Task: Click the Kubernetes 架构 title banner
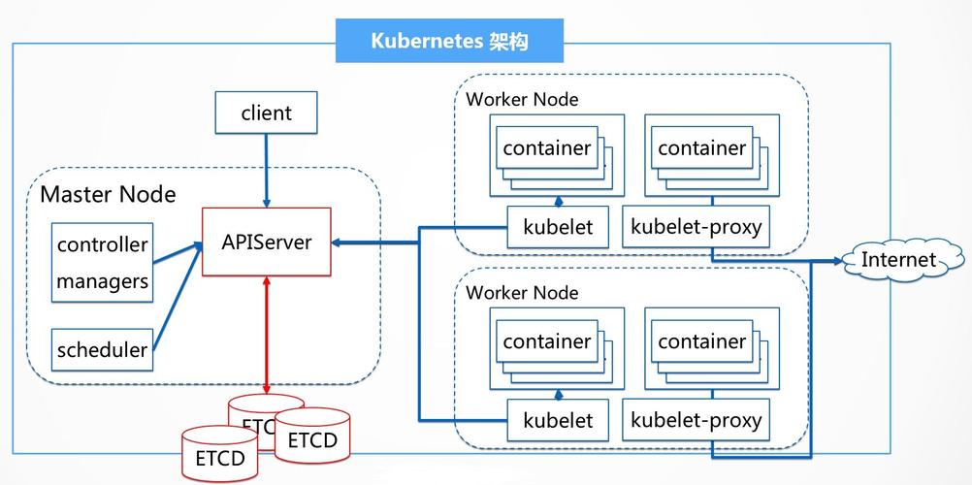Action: coord(450,41)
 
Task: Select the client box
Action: coord(266,113)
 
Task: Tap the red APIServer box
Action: coord(266,242)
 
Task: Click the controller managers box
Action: coord(102,262)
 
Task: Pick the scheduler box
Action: coord(102,349)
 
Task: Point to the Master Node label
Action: coord(108,194)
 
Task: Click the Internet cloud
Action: coord(898,260)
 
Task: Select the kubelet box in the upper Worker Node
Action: coord(558,228)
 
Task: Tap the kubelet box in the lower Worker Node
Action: coord(558,421)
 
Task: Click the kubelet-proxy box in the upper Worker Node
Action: coord(696,228)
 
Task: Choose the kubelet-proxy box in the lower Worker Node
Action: coord(696,421)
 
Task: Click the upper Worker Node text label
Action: coord(522,99)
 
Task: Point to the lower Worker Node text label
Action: coord(522,292)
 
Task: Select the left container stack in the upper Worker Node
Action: coord(548,149)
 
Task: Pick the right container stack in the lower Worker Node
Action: coord(702,342)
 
